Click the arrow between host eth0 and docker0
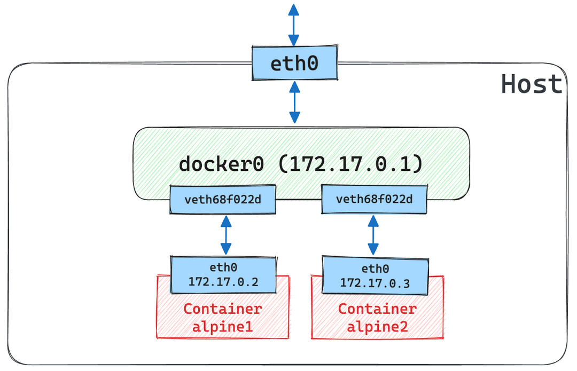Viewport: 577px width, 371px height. pyautogui.click(x=294, y=102)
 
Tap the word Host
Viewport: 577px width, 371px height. pyautogui.click(x=532, y=84)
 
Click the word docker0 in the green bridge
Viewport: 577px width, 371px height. pyautogui.click(x=221, y=164)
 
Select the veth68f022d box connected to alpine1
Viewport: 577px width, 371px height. pyautogui.click(x=223, y=200)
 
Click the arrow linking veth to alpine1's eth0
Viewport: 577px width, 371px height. pyautogui.click(x=226, y=235)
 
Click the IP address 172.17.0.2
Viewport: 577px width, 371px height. pyautogui.click(x=223, y=282)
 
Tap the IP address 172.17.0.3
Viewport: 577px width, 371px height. pyautogui.click(x=375, y=283)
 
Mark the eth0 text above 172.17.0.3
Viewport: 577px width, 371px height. pyautogui.click(x=375, y=269)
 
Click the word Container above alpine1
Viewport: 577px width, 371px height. pyautogui.click(x=223, y=309)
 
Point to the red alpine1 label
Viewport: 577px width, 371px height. pyautogui.click(x=223, y=326)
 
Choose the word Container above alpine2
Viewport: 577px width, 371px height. pyautogui.click(x=377, y=309)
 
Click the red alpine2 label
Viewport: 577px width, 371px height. pyautogui.click(x=377, y=326)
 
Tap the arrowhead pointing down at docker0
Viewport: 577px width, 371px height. pyautogui.click(x=294, y=118)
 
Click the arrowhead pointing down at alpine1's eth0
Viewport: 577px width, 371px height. pyautogui.click(x=226, y=249)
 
